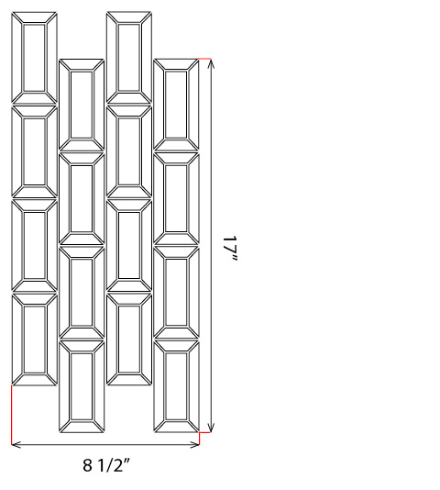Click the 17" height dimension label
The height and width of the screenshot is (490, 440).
tap(230, 249)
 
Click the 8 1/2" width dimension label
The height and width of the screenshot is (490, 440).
tap(105, 465)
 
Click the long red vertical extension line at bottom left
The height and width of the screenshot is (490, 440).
tap(12, 415)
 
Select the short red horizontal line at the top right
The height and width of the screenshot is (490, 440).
tap(204, 59)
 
